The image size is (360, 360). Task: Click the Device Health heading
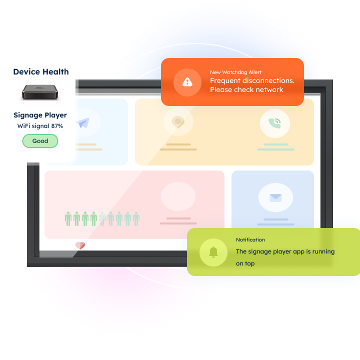(41, 71)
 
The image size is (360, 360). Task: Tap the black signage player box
(40, 92)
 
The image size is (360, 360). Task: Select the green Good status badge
(40, 140)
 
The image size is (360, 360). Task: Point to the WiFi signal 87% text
(40, 126)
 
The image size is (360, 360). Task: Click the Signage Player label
(40, 115)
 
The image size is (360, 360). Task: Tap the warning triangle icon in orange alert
(187, 82)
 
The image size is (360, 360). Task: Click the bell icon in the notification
(213, 252)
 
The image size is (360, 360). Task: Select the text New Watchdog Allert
(236, 72)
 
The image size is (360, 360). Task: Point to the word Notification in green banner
(250, 239)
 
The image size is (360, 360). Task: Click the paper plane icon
(84, 122)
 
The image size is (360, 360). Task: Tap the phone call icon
(274, 123)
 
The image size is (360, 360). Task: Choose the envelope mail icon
(275, 197)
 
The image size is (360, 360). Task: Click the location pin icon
(178, 121)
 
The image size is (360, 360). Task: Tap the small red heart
(80, 245)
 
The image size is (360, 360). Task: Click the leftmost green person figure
(68, 218)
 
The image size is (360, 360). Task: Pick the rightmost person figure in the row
(136, 218)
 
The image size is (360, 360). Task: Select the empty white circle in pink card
(178, 196)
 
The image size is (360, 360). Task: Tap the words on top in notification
(245, 263)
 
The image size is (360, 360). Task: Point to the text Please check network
(246, 89)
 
